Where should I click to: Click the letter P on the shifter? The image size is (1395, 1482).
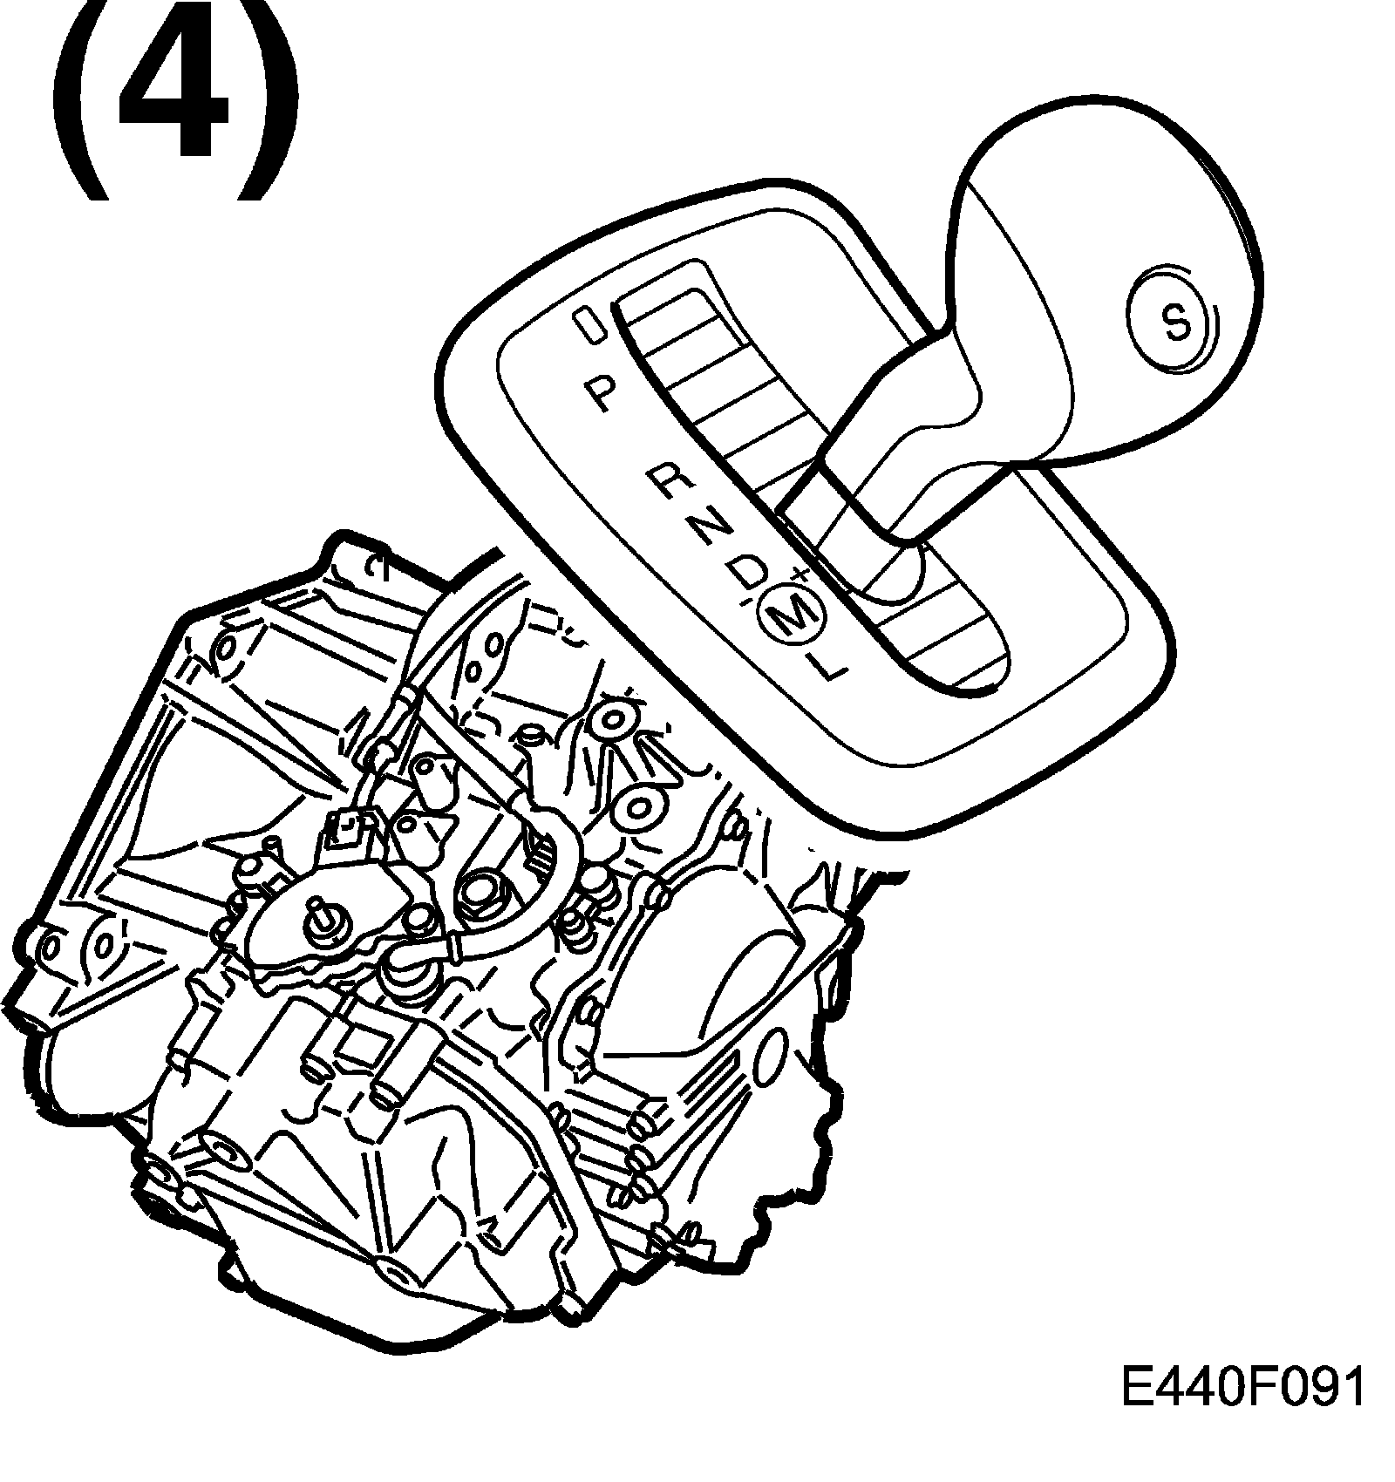point(599,394)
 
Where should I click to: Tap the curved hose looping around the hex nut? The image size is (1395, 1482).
point(532,907)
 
